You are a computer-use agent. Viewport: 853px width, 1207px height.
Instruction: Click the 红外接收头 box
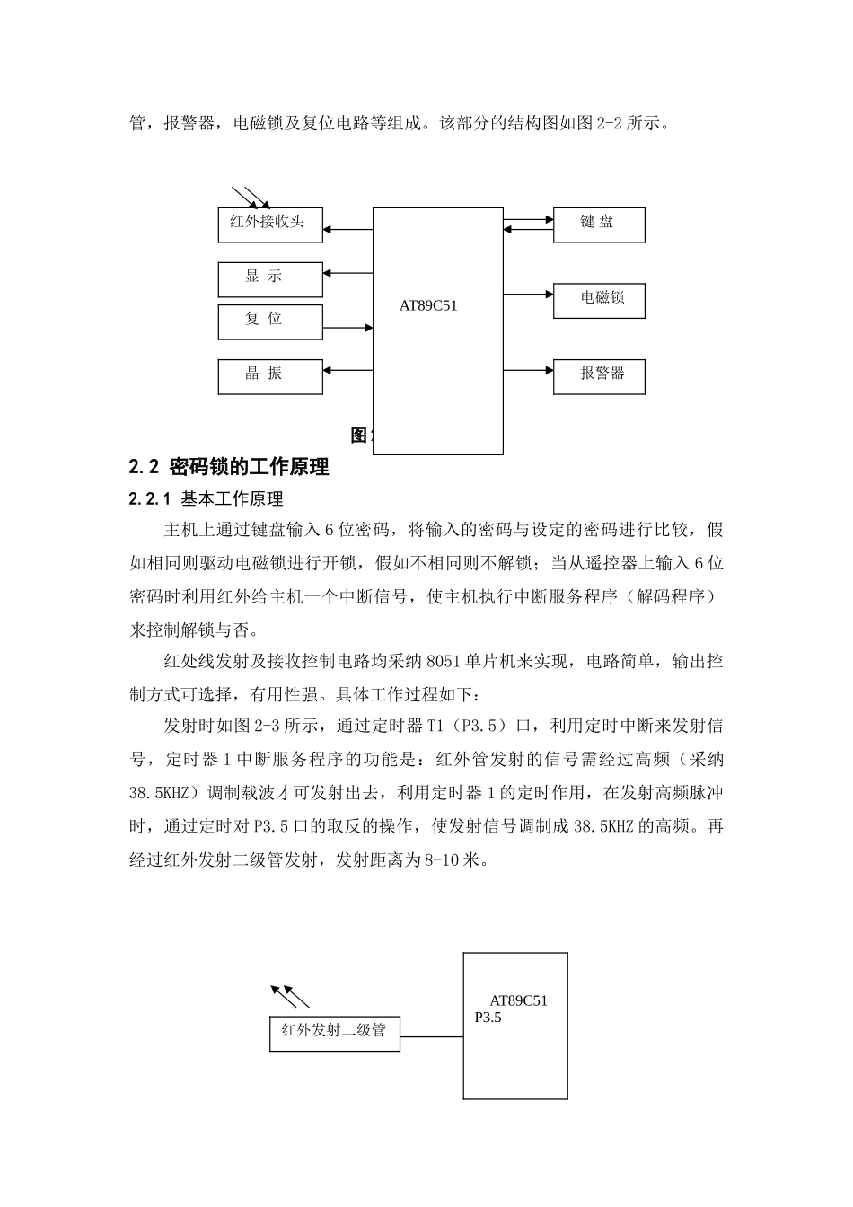pyautogui.click(x=270, y=224)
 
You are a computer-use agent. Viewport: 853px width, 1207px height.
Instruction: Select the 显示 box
pyautogui.click(x=270, y=279)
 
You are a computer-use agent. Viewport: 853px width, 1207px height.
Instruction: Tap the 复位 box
pyautogui.click(x=270, y=322)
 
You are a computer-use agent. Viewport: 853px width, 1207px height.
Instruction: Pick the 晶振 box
pyautogui.click(x=270, y=376)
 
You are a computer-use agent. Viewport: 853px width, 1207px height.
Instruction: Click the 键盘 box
pyautogui.click(x=599, y=225)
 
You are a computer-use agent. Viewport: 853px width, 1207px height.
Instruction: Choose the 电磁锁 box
pyautogui.click(x=599, y=300)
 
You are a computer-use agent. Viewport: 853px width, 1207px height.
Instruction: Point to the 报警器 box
pyautogui.click(x=599, y=376)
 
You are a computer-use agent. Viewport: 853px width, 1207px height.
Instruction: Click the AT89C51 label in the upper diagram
pyautogui.click(x=428, y=305)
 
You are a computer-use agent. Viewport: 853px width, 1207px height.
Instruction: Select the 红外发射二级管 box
pyautogui.click(x=335, y=1033)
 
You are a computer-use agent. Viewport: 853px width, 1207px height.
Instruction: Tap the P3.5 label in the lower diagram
pyautogui.click(x=488, y=1018)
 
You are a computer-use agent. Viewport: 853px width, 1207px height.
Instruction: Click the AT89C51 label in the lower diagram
pyautogui.click(x=518, y=1000)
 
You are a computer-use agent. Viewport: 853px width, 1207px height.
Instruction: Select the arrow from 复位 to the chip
pyautogui.click(x=347, y=328)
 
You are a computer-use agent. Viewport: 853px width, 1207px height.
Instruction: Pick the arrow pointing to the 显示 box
pyautogui.click(x=347, y=272)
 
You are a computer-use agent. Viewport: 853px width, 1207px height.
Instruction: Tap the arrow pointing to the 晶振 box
pyautogui.click(x=347, y=369)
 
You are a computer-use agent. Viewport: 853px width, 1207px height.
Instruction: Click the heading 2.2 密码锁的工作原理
pyautogui.click(x=229, y=467)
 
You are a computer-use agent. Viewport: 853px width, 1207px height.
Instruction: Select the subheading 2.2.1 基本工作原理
pyautogui.click(x=207, y=499)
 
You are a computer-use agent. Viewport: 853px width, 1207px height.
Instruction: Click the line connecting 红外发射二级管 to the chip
pyautogui.click(x=431, y=1038)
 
